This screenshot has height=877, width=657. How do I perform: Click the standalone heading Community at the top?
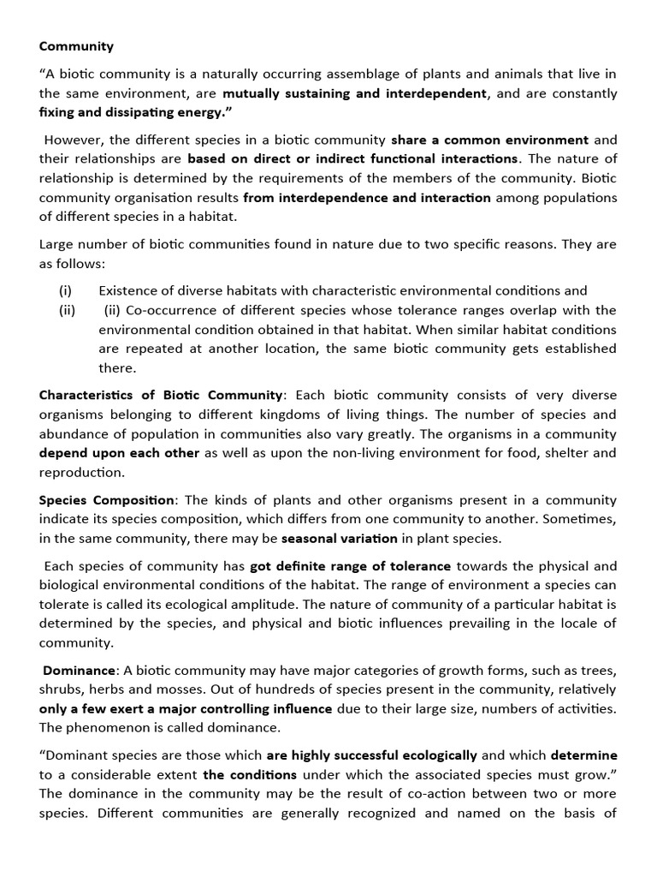pos(76,46)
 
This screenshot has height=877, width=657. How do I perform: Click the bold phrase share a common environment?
pos(489,140)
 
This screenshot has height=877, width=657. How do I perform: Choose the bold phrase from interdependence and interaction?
pos(367,198)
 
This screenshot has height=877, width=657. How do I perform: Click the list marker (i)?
pos(65,291)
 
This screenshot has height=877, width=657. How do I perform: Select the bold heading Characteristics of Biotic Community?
pos(161,395)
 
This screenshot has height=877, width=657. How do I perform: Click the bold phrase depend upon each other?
pos(119,452)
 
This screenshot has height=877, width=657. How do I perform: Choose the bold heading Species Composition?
pos(107,499)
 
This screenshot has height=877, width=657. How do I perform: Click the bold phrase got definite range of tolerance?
pos(350,565)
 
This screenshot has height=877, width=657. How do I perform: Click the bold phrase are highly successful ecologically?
pos(372,755)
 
